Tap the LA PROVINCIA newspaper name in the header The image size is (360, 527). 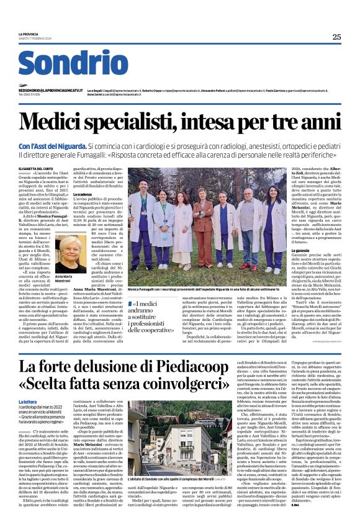click(x=29, y=34)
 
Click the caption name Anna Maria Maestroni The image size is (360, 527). click(x=64, y=279)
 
